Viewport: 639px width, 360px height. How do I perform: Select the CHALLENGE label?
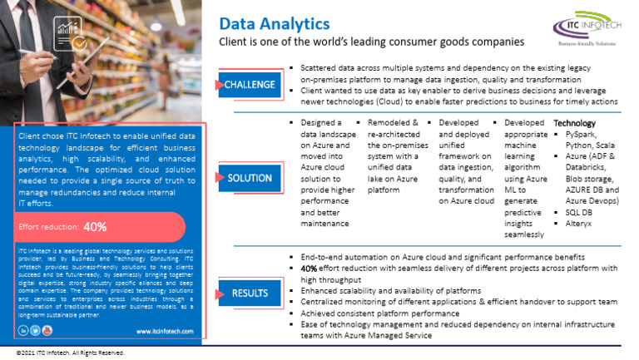tap(250, 84)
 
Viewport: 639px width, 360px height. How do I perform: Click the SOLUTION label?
tap(250, 177)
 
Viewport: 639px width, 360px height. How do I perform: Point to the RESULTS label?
tap(250, 293)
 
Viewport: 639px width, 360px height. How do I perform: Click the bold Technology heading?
tap(575, 123)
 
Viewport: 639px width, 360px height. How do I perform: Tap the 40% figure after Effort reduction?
tap(95, 226)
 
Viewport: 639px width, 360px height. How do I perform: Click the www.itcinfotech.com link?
tap(161, 330)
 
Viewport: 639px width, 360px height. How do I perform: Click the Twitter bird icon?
tap(35, 330)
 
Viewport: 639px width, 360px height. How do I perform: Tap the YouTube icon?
tap(47, 330)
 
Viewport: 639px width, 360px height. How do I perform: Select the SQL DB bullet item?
tap(578, 212)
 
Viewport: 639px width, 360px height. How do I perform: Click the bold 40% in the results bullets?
tap(309, 269)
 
